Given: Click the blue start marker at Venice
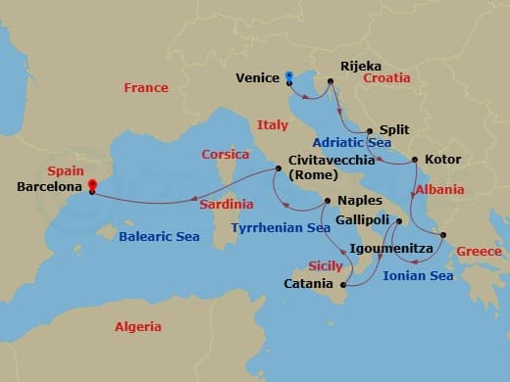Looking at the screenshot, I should [x=289, y=75].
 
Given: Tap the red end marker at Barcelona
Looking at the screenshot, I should [x=91, y=184].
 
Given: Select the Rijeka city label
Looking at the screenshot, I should [x=360, y=67].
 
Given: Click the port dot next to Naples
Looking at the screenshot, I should [x=328, y=201].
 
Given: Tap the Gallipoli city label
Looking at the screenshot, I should [x=364, y=222].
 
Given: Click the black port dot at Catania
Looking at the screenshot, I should [x=344, y=284].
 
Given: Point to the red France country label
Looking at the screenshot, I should [x=146, y=88].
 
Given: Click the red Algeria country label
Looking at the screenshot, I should [x=138, y=327].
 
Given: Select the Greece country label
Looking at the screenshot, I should [x=479, y=252].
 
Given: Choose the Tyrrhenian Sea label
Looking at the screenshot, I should [x=280, y=228].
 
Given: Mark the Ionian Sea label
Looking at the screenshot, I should [x=418, y=276].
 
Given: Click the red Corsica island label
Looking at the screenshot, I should [x=226, y=155].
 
